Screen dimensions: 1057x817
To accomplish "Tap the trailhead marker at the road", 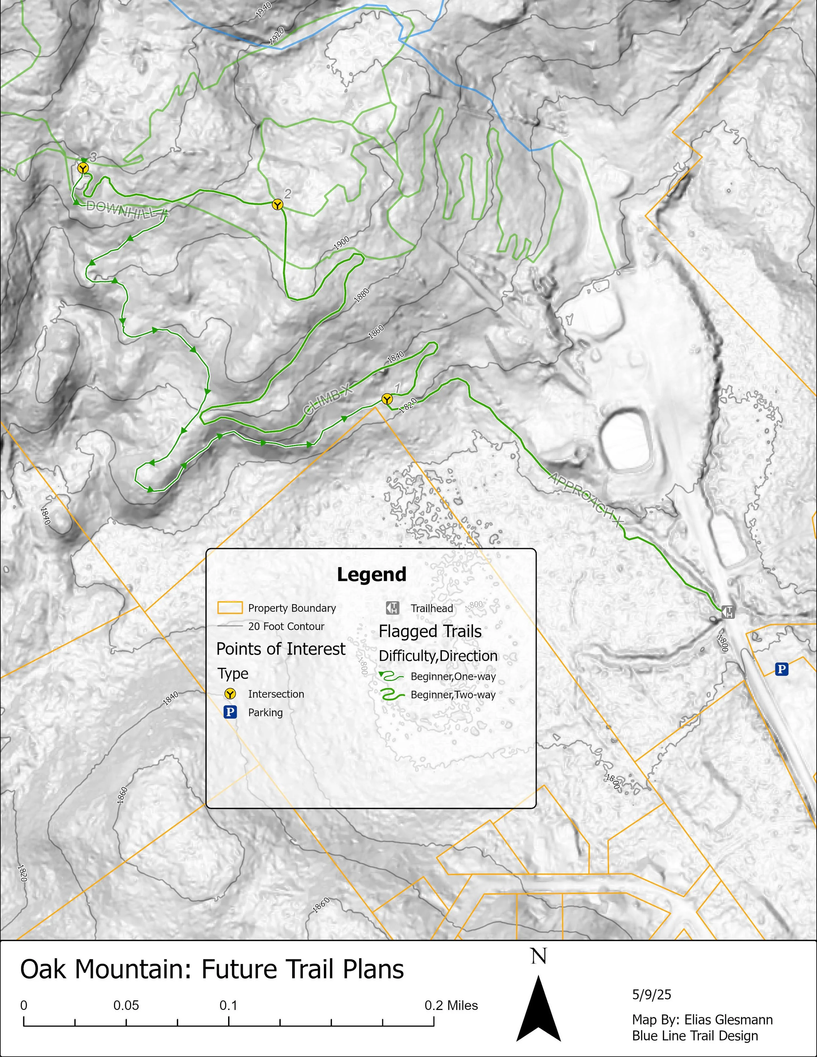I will pos(728,612).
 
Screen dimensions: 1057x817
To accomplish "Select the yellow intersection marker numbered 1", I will pos(386,399).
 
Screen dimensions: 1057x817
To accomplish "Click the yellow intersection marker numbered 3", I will pos(83,168).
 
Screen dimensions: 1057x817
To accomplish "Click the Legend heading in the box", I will pos(371,574).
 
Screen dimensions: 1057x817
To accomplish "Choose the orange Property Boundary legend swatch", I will pos(229,608).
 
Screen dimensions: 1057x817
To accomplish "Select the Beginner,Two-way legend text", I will pos(453,695).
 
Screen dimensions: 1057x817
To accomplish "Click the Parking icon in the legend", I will pos(230,712).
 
